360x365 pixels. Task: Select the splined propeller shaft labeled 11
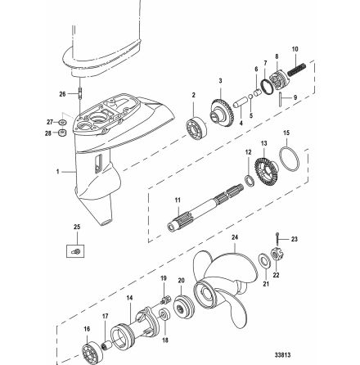205,208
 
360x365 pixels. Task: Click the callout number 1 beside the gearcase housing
58,173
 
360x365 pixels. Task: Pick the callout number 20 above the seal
181,280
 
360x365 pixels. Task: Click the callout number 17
104,313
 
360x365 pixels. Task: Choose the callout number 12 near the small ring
248,151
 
